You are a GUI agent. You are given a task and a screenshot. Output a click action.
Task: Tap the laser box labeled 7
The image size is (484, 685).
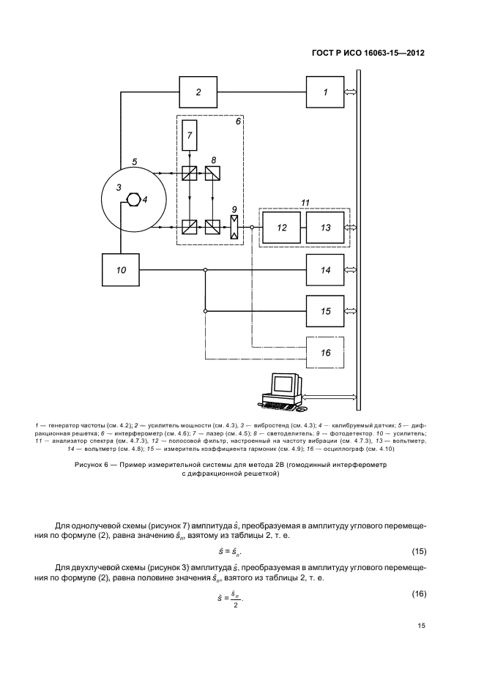pyautogui.click(x=190, y=135)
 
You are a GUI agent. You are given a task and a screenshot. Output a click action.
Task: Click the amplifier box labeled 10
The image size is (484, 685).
pyautogui.click(x=122, y=270)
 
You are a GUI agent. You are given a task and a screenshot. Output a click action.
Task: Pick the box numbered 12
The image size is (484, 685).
pyautogui.click(x=282, y=228)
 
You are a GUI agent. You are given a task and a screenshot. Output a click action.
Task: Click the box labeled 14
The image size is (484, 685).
pyautogui.click(x=326, y=270)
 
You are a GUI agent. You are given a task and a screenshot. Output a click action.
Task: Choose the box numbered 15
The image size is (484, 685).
pyautogui.click(x=326, y=311)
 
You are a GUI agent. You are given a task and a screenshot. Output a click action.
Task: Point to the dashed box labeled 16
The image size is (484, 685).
pyautogui.click(x=326, y=353)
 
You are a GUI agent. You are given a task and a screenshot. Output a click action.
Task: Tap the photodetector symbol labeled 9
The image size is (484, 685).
pyautogui.click(x=234, y=228)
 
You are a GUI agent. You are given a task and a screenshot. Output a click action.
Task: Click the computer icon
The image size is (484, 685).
pyautogui.click(x=282, y=393)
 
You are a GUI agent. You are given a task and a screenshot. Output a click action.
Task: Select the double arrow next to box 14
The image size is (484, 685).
pyautogui.click(x=351, y=270)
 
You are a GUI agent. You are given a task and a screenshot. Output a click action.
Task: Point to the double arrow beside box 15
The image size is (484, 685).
pyautogui.click(x=351, y=311)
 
